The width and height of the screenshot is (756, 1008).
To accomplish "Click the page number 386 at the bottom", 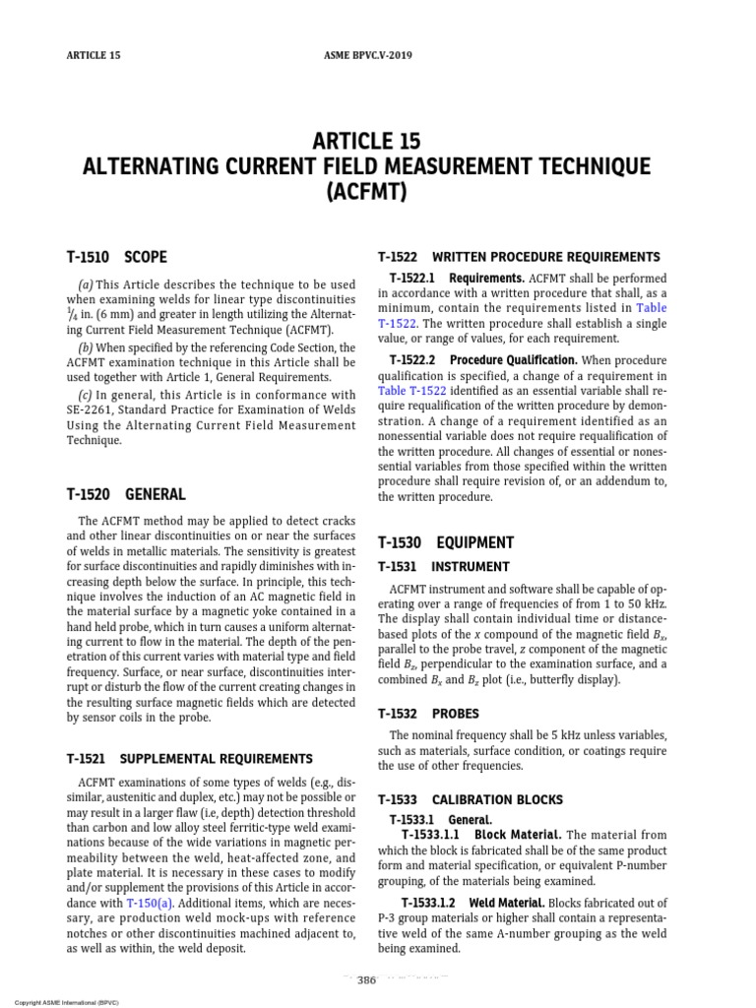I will coord(367,980).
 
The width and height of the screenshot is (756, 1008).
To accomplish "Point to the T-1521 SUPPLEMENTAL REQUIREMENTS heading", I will coord(189,759).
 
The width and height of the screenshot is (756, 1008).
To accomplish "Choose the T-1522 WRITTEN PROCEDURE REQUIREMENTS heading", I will coord(519,257).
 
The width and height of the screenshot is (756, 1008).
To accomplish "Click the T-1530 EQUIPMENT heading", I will coord(446,542).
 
